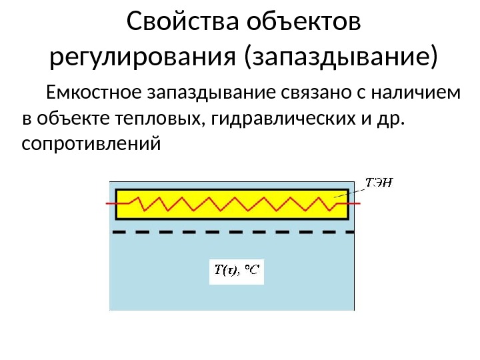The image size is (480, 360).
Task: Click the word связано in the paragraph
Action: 297,93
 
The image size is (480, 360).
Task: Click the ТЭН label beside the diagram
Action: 378,181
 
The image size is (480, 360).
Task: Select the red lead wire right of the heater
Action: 354,202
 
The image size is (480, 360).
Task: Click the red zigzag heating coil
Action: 233,203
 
